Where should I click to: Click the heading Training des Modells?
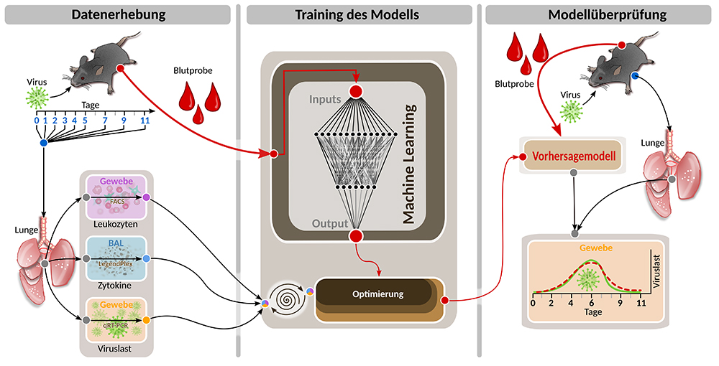click(358, 14)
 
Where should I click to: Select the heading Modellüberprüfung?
click(598, 14)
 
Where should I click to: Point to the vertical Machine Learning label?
click(411, 164)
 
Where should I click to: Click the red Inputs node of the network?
click(355, 91)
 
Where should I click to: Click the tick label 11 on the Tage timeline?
click(145, 120)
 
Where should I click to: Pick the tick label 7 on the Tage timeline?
click(105, 120)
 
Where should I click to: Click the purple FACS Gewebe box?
click(116, 197)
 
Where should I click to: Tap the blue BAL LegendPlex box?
click(116, 258)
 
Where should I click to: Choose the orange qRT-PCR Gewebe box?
click(116, 319)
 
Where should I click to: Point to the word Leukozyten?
click(116, 224)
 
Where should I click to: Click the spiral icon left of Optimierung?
click(284, 296)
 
